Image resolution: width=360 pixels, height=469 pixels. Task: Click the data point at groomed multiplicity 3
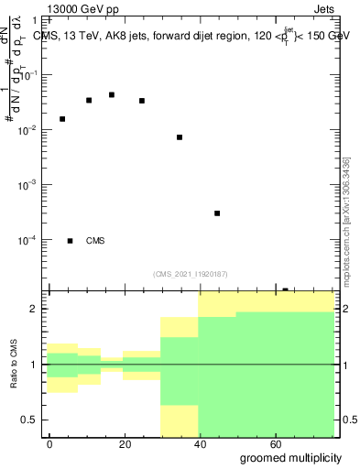(62, 119)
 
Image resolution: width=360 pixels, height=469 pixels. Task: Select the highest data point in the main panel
(112, 94)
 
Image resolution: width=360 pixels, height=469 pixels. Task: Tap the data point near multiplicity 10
(89, 100)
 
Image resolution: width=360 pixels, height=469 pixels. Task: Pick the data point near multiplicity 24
(142, 101)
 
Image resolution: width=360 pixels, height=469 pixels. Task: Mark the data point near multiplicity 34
(180, 137)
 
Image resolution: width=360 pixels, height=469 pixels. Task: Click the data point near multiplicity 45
(217, 213)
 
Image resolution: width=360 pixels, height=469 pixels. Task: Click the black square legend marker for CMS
(71, 241)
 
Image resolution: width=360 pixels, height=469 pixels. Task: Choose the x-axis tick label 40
(200, 443)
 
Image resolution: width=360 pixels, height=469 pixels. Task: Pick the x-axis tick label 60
(276, 443)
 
